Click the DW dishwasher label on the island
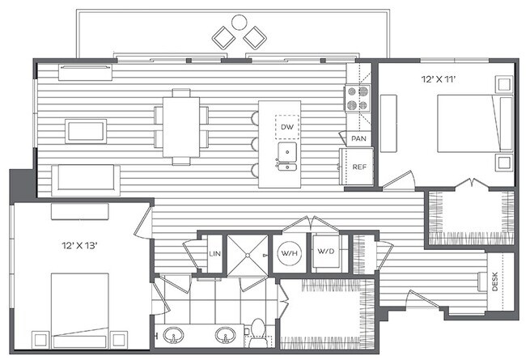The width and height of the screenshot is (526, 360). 286,127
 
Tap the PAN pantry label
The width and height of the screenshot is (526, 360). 358,139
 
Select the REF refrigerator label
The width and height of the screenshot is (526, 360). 358,168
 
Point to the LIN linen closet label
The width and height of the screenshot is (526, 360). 214,254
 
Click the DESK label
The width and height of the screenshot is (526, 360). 494,281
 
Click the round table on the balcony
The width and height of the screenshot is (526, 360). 239,23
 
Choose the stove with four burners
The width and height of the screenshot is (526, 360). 358,99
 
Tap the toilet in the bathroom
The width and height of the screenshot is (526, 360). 257,331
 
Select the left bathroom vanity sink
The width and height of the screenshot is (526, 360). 172,334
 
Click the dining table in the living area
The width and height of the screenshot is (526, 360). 181,127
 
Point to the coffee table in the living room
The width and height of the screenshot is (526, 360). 86,130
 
